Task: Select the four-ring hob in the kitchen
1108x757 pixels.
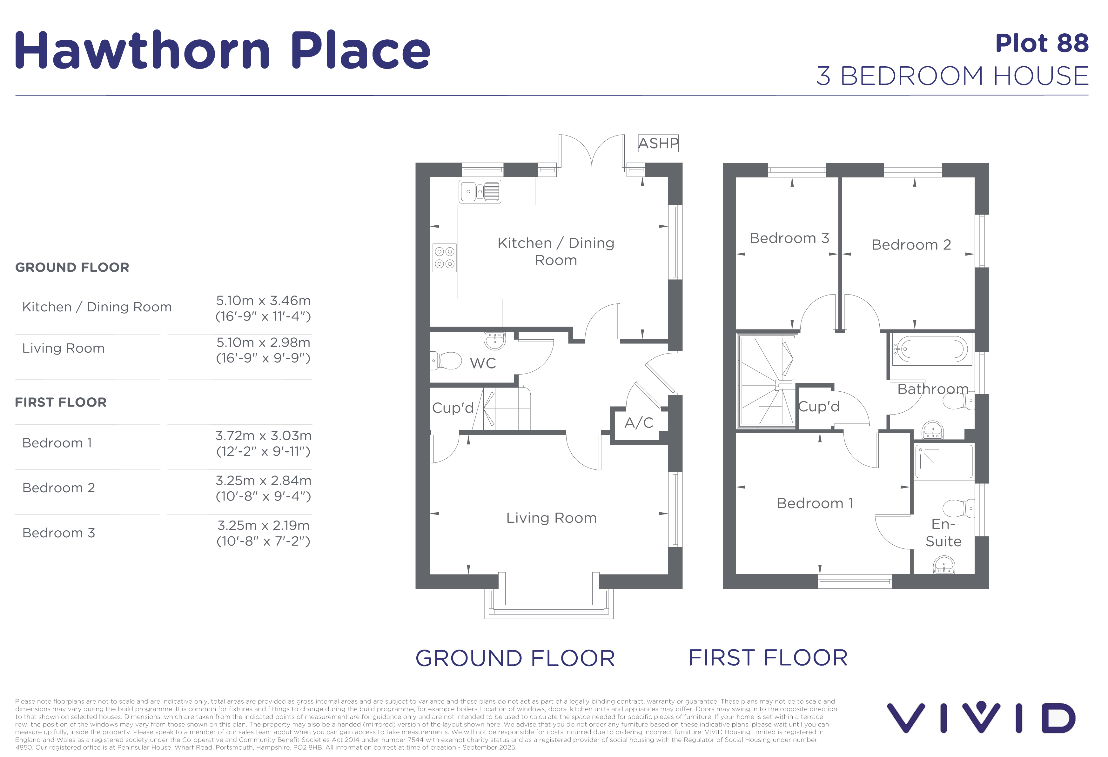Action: pos(444,258)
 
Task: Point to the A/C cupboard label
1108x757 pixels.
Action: pos(639,422)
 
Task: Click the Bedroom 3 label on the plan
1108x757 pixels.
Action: pos(789,238)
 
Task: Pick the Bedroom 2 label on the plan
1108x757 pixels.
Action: pos(911,244)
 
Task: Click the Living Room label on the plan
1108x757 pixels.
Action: pos(551,518)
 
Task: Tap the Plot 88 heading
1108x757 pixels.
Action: pos(1042,43)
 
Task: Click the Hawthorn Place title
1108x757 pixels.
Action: pos(223,50)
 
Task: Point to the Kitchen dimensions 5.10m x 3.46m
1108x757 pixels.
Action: pos(263,301)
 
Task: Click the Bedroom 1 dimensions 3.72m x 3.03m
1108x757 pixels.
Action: pos(263,435)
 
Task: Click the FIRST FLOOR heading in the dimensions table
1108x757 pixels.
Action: pos(61,402)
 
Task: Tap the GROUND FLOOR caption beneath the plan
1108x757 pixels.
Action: pos(515,658)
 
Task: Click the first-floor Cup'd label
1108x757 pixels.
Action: pos(819,406)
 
